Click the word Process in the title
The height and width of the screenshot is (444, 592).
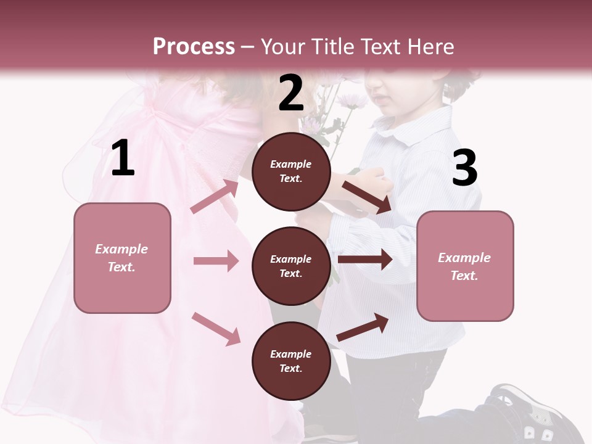point(194,47)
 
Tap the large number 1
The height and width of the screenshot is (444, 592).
point(123,158)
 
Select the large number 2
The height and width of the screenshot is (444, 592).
point(291,94)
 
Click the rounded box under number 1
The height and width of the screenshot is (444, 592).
point(122,258)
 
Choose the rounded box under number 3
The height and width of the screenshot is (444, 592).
point(465,266)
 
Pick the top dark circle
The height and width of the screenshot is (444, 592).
point(291,171)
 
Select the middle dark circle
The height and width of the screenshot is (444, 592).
point(291,266)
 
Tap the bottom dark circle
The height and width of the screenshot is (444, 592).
point(291,361)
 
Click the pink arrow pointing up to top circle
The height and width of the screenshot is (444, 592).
point(215,196)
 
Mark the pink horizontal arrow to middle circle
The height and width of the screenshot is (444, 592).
point(215,261)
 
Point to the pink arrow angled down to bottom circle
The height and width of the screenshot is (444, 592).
point(216,328)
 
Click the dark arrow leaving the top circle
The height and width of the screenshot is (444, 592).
point(367,197)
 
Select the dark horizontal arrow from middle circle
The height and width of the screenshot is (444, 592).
point(365,259)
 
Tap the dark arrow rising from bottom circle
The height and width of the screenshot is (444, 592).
point(363,327)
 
